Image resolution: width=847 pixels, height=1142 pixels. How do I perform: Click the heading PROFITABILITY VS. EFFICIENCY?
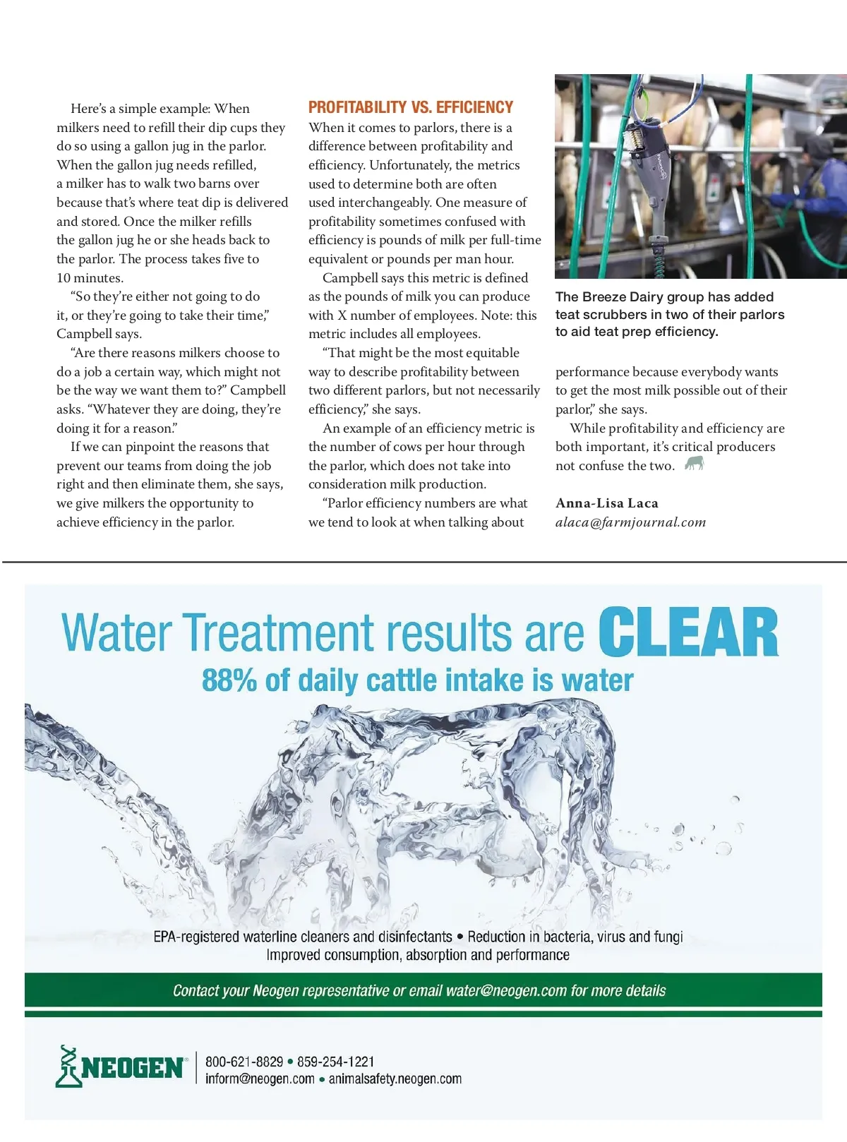coord(410,107)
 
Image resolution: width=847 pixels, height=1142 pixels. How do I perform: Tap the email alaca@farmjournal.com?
coord(630,522)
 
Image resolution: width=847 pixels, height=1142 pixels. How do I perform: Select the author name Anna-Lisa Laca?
coord(606,503)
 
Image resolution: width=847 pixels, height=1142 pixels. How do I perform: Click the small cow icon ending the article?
coord(695,464)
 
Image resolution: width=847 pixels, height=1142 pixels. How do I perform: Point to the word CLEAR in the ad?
coord(688,632)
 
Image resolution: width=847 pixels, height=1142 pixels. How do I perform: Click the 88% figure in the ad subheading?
coord(229,680)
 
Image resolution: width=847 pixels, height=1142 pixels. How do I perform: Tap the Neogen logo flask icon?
coord(68,1066)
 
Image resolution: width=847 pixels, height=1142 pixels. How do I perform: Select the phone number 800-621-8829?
coord(244,1062)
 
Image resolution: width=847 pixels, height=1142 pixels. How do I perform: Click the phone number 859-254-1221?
coord(336,1062)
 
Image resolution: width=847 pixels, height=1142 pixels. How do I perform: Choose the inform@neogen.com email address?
coord(260,1079)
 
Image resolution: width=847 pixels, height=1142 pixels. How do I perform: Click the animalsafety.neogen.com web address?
coord(395,1079)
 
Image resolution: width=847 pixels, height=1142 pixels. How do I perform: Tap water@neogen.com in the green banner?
coord(506,991)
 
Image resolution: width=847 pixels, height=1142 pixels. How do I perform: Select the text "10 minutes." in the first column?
coord(90,278)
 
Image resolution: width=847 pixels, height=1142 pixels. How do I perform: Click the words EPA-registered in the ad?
coord(196,937)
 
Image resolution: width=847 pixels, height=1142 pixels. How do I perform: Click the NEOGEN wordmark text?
coord(132,1068)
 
